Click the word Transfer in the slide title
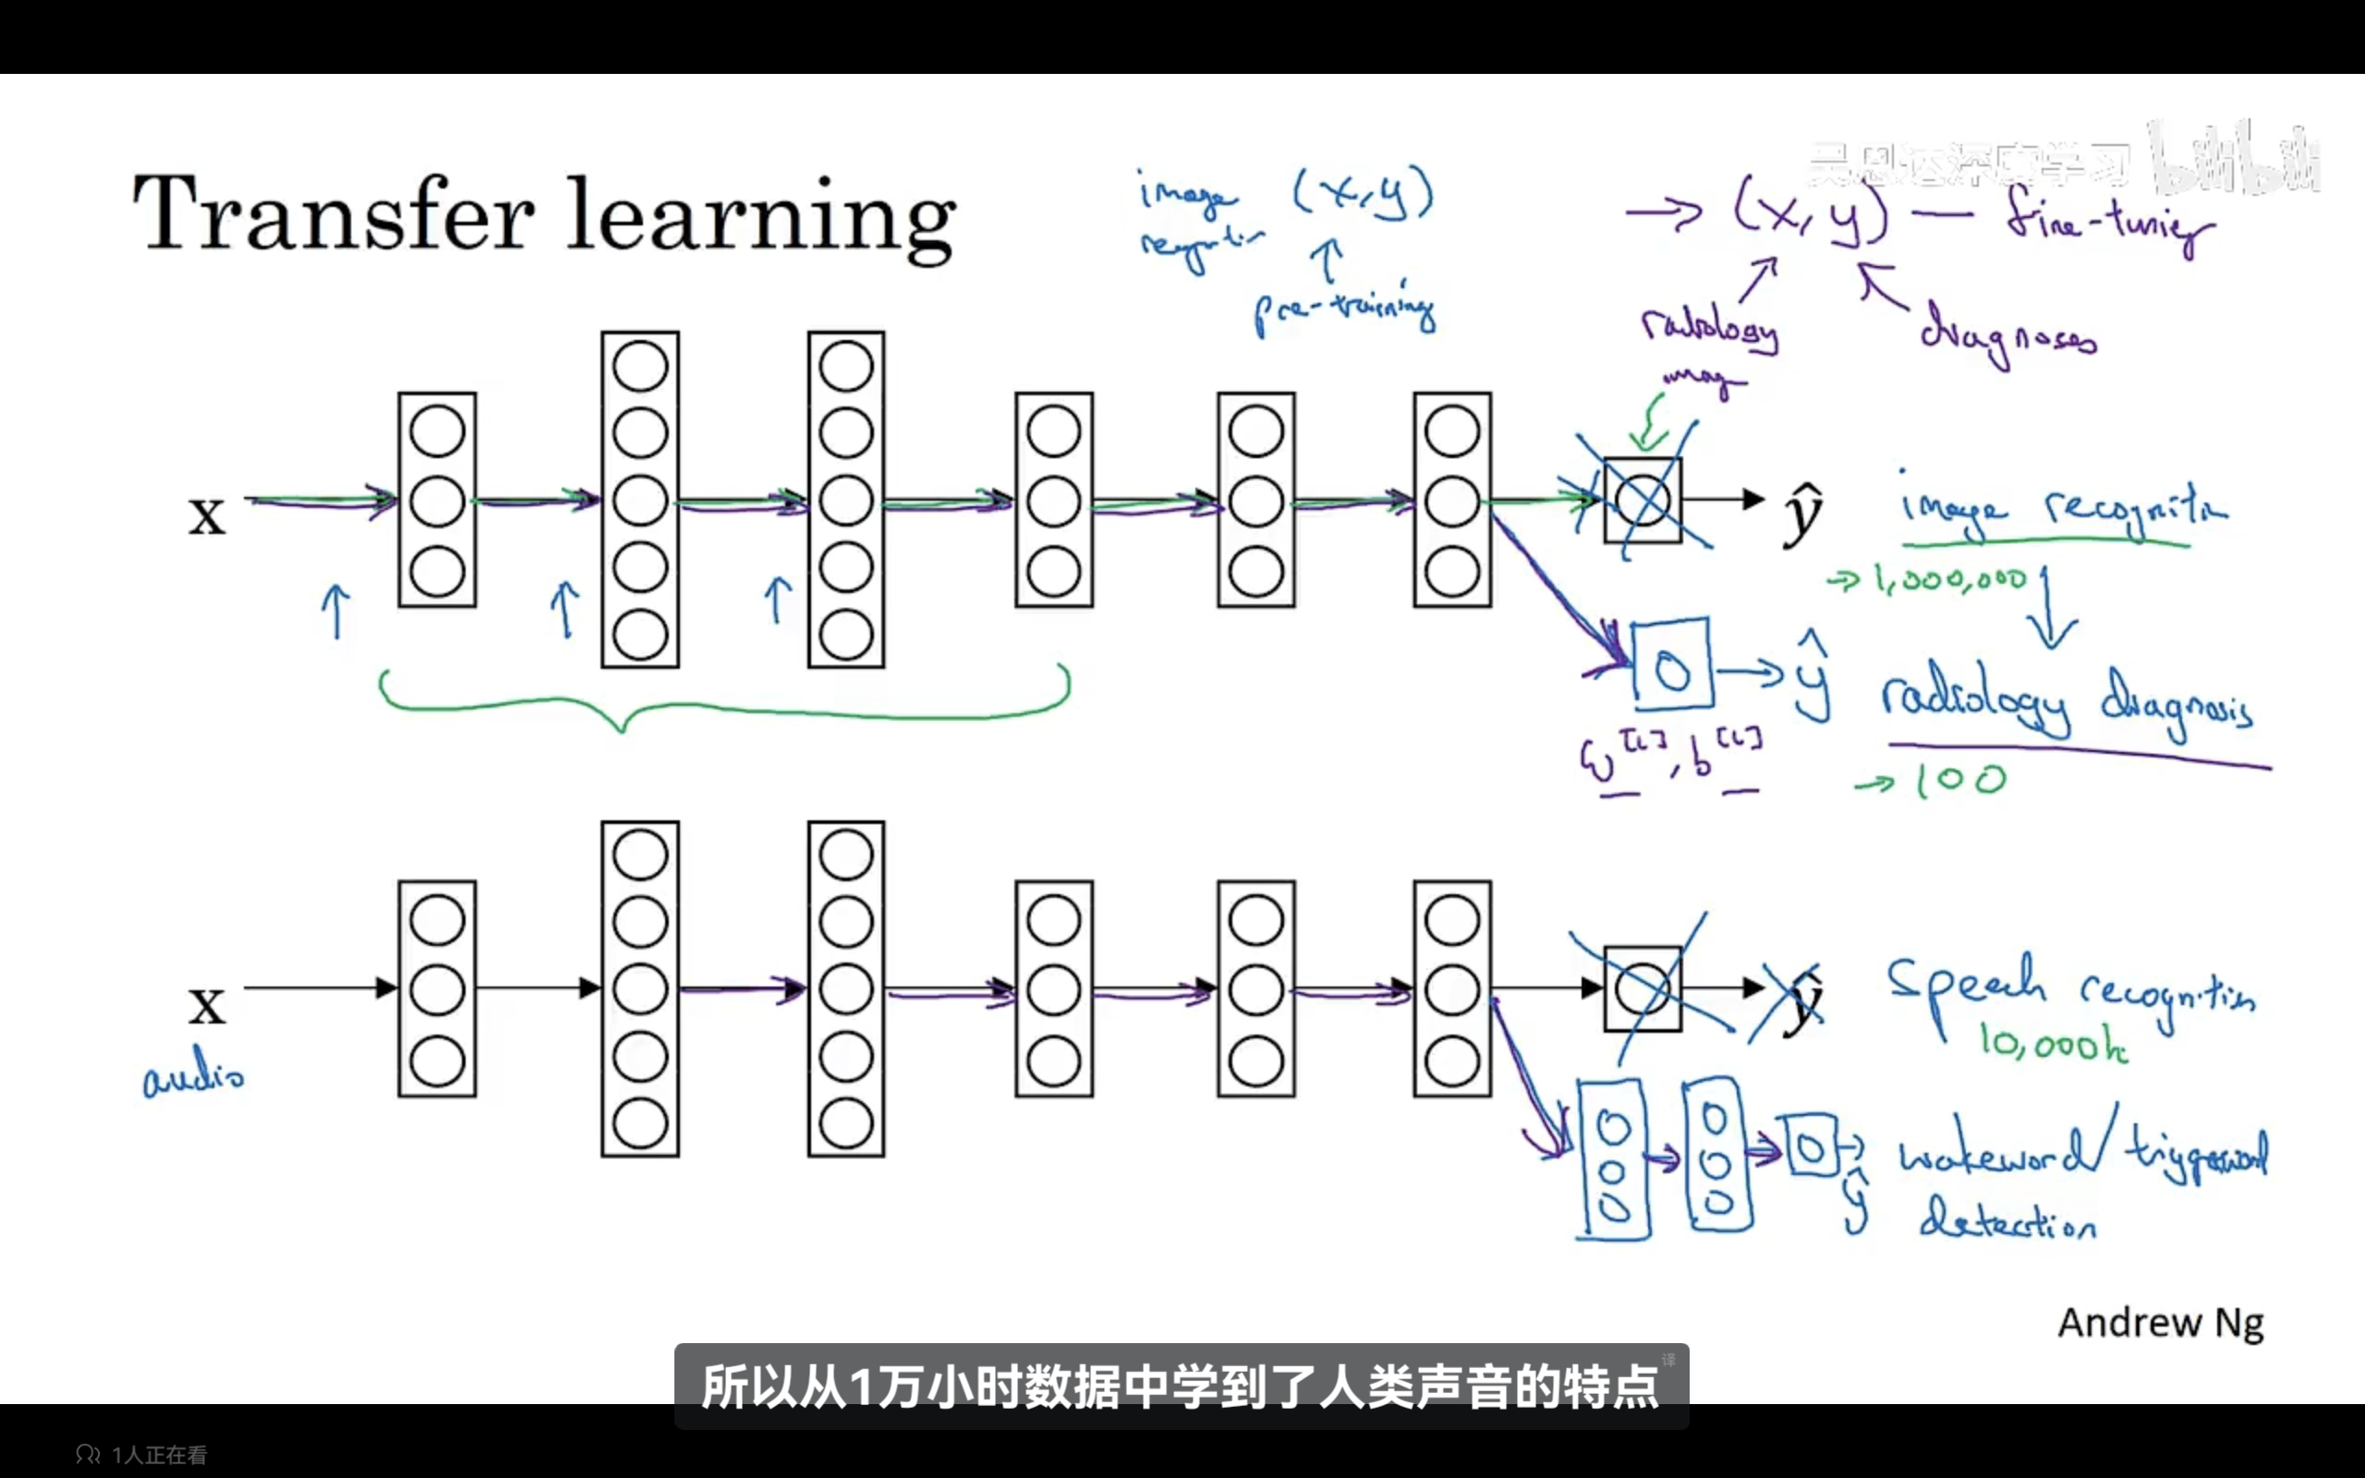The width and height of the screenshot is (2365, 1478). pos(334,213)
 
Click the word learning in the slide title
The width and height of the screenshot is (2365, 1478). pos(761,217)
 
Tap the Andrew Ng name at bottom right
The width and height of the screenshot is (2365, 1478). pos(2160,1324)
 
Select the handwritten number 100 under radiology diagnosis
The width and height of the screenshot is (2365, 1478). pos(1959,780)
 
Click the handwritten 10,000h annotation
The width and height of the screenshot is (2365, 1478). pos(2052,1045)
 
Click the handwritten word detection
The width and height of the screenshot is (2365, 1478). pos(2007,1222)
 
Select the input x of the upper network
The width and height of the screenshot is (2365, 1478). pos(206,515)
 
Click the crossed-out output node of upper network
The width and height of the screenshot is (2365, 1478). pos(1643,501)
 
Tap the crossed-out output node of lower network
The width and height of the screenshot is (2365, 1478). pos(1643,989)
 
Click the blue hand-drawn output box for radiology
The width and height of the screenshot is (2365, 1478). pos(1672,665)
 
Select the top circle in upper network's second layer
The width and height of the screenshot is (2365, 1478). pos(640,367)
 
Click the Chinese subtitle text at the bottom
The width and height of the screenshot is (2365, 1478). pos(1181,1387)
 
